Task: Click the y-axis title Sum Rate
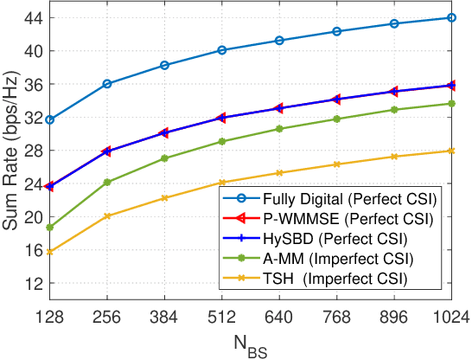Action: click(12, 152)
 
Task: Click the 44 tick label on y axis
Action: click(33, 17)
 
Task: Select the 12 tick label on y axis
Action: click(33, 283)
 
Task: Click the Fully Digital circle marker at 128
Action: click(50, 119)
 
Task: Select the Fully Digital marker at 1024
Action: click(451, 17)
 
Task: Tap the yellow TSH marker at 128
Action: click(50, 252)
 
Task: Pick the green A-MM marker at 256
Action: click(107, 183)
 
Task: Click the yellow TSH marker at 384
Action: click(164, 198)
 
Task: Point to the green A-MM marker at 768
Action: click(336, 119)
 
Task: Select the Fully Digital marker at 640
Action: click(279, 41)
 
